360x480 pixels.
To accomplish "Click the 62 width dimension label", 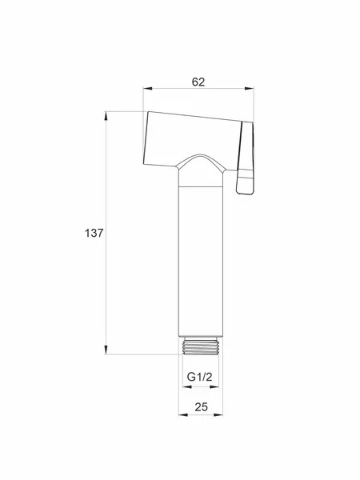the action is pos(198,82).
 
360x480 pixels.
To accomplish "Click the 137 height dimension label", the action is pos(94,233).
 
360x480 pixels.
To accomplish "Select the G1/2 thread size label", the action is pos(199,376).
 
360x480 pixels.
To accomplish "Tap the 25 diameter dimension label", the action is pos(201,407).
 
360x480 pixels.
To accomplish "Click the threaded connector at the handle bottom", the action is pos(201,346).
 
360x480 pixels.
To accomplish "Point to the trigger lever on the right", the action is pos(246,158).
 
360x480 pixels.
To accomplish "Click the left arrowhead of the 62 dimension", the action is pos(147,89).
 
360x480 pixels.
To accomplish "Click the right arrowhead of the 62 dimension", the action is pos(250,89).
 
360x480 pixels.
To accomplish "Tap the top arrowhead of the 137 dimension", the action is pos(106,116).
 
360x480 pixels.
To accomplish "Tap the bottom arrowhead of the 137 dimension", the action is pos(106,350).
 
